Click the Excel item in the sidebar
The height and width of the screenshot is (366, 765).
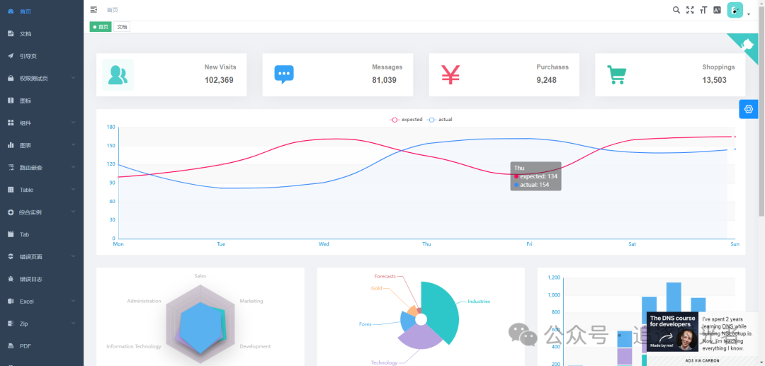click(27, 301)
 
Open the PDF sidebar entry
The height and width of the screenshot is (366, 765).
click(25, 346)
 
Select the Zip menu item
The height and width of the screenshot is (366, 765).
click(24, 324)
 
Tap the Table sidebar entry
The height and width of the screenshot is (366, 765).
click(26, 190)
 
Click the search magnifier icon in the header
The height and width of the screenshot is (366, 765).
click(676, 10)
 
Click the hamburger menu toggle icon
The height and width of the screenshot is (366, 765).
click(94, 9)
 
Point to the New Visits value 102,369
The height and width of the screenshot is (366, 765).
click(219, 80)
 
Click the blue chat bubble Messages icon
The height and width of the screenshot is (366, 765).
click(284, 74)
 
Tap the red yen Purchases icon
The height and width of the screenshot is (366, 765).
click(450, 74)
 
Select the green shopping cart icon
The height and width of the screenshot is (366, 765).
click(617, 74)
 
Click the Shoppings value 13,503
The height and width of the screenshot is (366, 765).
click(714, 80)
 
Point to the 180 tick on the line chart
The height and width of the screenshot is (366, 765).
click(110, 127)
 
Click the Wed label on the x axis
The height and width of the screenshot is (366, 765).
click(324, 244)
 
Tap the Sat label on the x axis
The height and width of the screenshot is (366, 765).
click(632, 244)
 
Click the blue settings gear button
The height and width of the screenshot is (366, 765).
click(749, 109)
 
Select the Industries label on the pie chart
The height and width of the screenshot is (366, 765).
click(479, 302)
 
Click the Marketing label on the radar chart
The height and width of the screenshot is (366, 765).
click(251, 301)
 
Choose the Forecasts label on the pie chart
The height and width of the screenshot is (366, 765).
click(385, 276)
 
